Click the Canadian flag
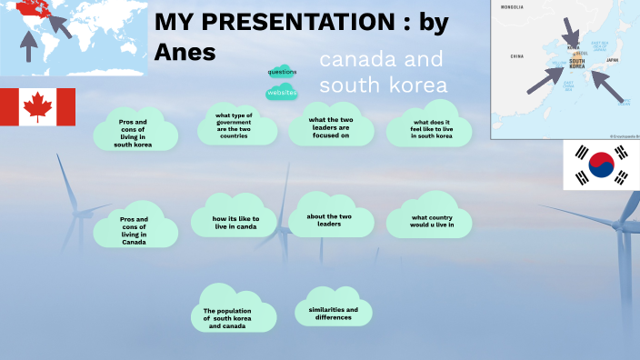[37, 107]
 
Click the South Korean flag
[601, 165]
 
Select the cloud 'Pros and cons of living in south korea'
[133, 131]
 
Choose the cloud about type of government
[234, 125]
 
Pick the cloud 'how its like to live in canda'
[235, 222]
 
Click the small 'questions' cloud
[282, 71]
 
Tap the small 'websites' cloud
[282, 92]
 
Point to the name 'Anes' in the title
[185, 52]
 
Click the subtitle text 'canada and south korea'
[383, 73]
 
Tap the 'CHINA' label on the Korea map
[516, 56]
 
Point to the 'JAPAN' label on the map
[612, 60]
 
